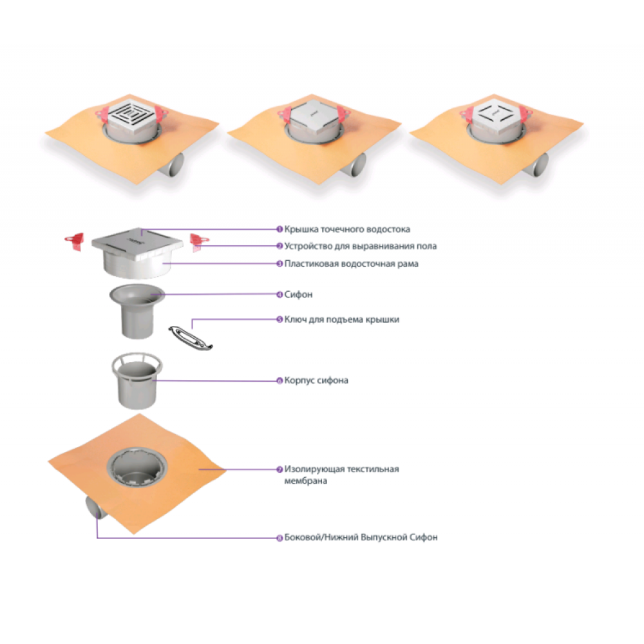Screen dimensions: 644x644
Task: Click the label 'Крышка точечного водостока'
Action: (x=347, y=229)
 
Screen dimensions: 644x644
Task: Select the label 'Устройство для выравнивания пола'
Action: (x=361, y=246)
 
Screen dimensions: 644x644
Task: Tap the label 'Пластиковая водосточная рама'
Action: (x=351, y=263)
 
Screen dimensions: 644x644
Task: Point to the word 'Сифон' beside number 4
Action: (x=298, y=294)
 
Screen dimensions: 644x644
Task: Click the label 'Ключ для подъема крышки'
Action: (x=342, y=319)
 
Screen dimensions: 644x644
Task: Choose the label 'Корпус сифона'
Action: (x=316, y=381)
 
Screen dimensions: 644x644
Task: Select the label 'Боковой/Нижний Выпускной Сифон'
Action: (x=361, y=537)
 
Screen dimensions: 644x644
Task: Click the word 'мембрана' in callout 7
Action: (x=305, y=481)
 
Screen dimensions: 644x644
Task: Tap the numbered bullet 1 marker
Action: (x=279, y=229)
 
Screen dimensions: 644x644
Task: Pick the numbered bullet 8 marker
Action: (x=279, y=538)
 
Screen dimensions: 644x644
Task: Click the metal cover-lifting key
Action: (x=191, y=337)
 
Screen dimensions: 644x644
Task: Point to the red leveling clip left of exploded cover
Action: (x=75, y=241)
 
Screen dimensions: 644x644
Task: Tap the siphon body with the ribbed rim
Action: (x=137, y=381)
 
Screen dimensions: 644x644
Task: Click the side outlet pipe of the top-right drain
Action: (x=537, y=165)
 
